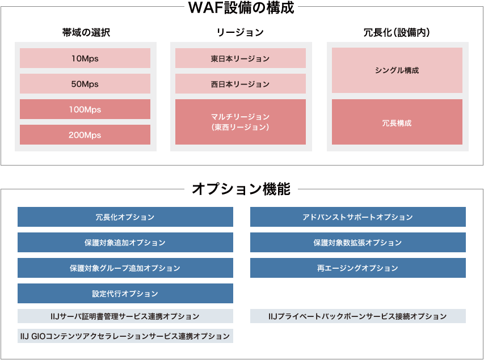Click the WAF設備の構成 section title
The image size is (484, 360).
[x=241, y=8]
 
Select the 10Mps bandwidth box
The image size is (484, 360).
[x=85, y=58]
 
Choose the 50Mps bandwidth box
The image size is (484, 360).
[x=85, y=84]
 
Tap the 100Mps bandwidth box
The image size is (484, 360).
[x=85, y=109]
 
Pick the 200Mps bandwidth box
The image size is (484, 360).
[x=85, y=135]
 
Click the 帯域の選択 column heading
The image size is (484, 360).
[x=86, y=32]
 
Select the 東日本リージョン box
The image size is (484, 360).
[x=241, y=58]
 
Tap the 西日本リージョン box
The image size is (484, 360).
[x=241, y=84]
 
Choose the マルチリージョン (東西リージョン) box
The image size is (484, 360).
[x=241, y=122]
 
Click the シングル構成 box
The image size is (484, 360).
[x=397, y=70]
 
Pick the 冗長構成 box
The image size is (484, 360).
[x=397, y=122]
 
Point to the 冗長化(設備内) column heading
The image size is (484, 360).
[x=397, y=32]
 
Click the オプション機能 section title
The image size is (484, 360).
[x=241, y=189]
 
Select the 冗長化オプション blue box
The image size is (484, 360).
[x=125, y=217]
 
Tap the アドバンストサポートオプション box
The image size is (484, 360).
[x=357, y=217]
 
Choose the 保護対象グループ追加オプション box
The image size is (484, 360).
[x=125, y=268]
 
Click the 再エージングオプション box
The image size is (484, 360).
[x=357, y=268]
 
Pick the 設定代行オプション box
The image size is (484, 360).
[x=125, y=294]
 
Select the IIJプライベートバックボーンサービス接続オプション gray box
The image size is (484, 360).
[x=357, y=316]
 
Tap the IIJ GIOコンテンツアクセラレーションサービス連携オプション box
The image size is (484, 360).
[x=125, y=336]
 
